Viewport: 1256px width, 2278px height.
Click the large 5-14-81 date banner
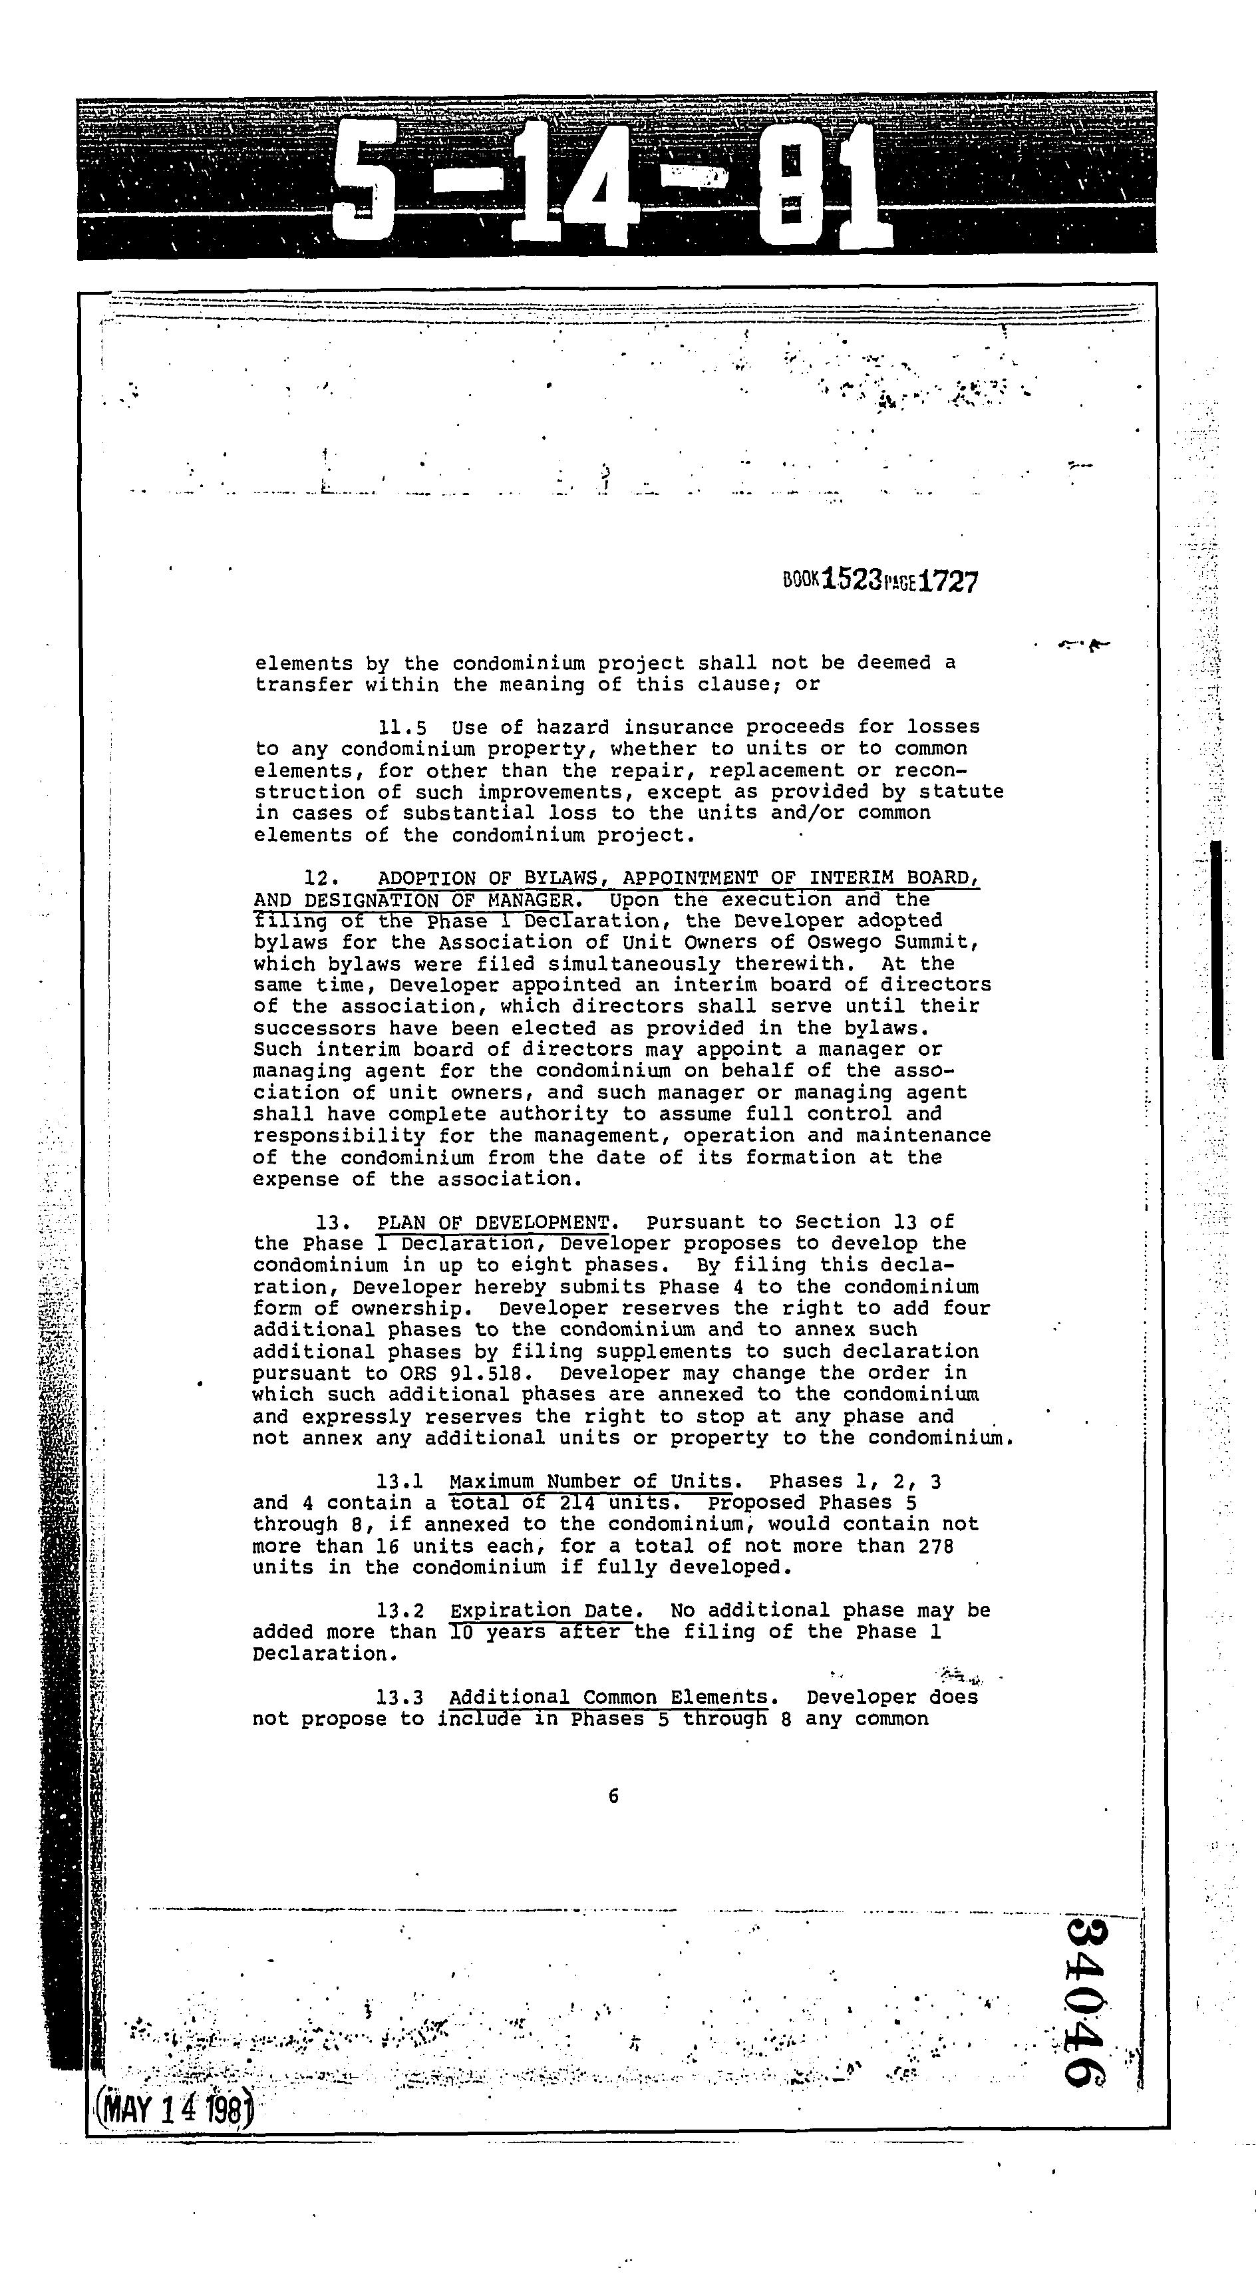point(610,186)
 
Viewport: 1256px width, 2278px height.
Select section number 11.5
point(402,728)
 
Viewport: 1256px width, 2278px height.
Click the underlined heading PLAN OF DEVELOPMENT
point(494,1223)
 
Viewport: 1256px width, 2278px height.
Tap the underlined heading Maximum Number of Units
point(591,1481)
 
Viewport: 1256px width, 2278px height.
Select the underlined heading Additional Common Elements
point(609,1697)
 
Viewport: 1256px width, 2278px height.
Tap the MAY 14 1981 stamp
point(175,2112)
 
